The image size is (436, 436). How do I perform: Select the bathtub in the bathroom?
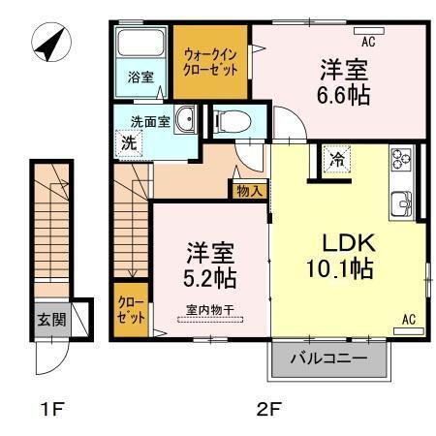(140, 47)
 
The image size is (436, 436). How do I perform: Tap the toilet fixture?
(230, 121)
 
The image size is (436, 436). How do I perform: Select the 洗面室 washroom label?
(151, 121)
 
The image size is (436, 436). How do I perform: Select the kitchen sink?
(403, 203)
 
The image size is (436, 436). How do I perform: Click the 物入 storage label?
(249, 191)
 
